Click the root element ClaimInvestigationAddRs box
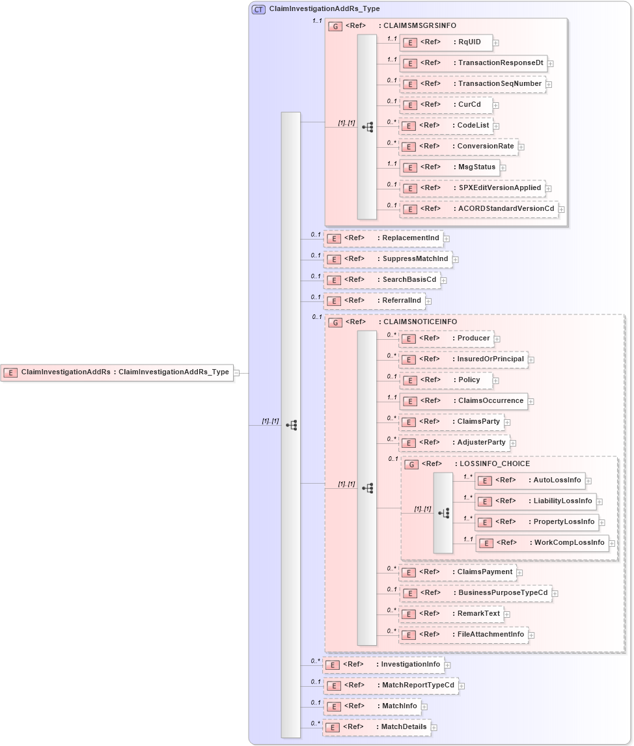click(x=117, y=372)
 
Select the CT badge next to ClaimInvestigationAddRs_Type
click(x=258, y=9)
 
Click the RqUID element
click(x=445, y=42)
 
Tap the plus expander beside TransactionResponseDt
click(x=551, y=64)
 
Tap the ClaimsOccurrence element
click(x=463, y=401)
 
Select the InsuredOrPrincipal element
click(x=463, y=359)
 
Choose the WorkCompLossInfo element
click(x=542, y=543)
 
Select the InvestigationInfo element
click(x=383, y=665)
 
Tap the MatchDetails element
click(x=377, y=727)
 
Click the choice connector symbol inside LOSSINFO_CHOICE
click(x=443, y=513)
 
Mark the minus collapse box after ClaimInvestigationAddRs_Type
click(x=236, y=373)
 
